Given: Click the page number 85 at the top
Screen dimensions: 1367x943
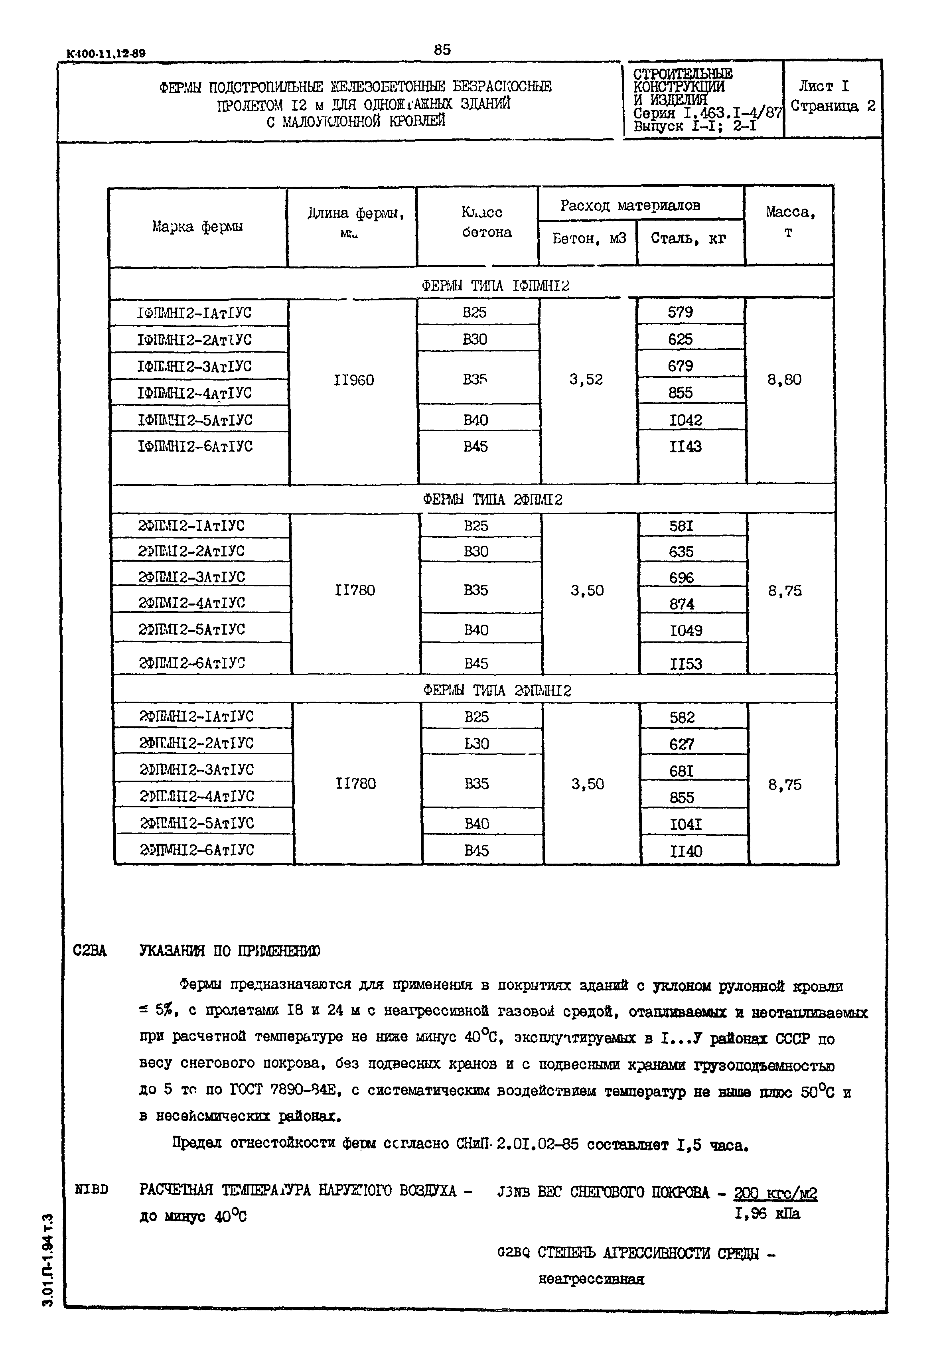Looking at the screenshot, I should click(442, 49).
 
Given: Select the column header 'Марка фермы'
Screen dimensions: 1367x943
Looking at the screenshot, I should click(197, 226).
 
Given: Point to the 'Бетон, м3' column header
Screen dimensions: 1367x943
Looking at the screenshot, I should click(588, 238).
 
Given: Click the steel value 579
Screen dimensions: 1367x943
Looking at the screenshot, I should click(680, 312).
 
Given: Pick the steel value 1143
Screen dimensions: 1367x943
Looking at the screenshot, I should click(685, 447).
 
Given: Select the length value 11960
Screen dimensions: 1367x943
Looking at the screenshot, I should click(353, 380).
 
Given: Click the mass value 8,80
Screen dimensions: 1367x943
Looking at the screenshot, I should click(785, 379).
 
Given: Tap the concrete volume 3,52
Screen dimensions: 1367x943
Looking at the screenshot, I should click(586, 379).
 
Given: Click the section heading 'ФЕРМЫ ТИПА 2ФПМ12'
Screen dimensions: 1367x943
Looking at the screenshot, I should click(493, 500).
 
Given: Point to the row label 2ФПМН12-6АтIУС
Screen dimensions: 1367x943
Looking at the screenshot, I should click(197, 850).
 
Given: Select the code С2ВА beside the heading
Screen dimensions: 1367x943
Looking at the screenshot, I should click(90, 951).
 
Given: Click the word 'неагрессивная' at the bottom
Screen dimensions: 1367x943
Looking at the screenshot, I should click(591, 1279).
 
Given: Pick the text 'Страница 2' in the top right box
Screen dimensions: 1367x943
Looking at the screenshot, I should click(833, 107).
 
